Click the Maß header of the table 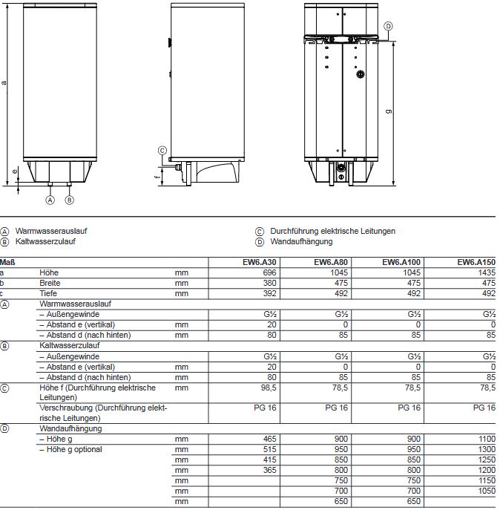coord(8,262)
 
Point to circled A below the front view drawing coord(50,200)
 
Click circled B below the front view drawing coord(69,200)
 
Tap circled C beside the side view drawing coord(162,150)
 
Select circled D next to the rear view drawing coord(387,26)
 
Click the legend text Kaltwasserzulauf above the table coord(45,241)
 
